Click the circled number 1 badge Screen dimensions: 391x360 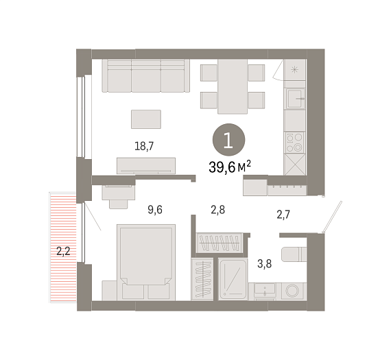point(228,140)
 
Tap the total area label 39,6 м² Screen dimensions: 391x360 point(230,167)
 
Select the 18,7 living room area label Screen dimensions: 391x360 point(144,146)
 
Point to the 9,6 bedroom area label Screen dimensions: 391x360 point(155,210)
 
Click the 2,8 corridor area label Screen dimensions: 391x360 point(218,210)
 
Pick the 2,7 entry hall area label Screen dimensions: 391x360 point(283,215)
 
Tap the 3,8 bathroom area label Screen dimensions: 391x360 point(264,263)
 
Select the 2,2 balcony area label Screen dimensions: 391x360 point(63,251)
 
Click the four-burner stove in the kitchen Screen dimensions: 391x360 point(295,143)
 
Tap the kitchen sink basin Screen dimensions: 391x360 point(295,99)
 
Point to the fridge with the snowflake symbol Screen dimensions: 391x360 point(295,69)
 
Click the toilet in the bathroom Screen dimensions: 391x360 point(294,254)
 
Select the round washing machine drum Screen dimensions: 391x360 point(292,291)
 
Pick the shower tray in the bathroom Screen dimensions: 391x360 point(233,279)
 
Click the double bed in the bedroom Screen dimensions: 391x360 point(146,262)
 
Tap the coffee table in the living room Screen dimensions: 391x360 point(146,119)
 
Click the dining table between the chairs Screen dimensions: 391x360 point(233,86)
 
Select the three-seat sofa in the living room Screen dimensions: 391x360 point(146,75)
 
